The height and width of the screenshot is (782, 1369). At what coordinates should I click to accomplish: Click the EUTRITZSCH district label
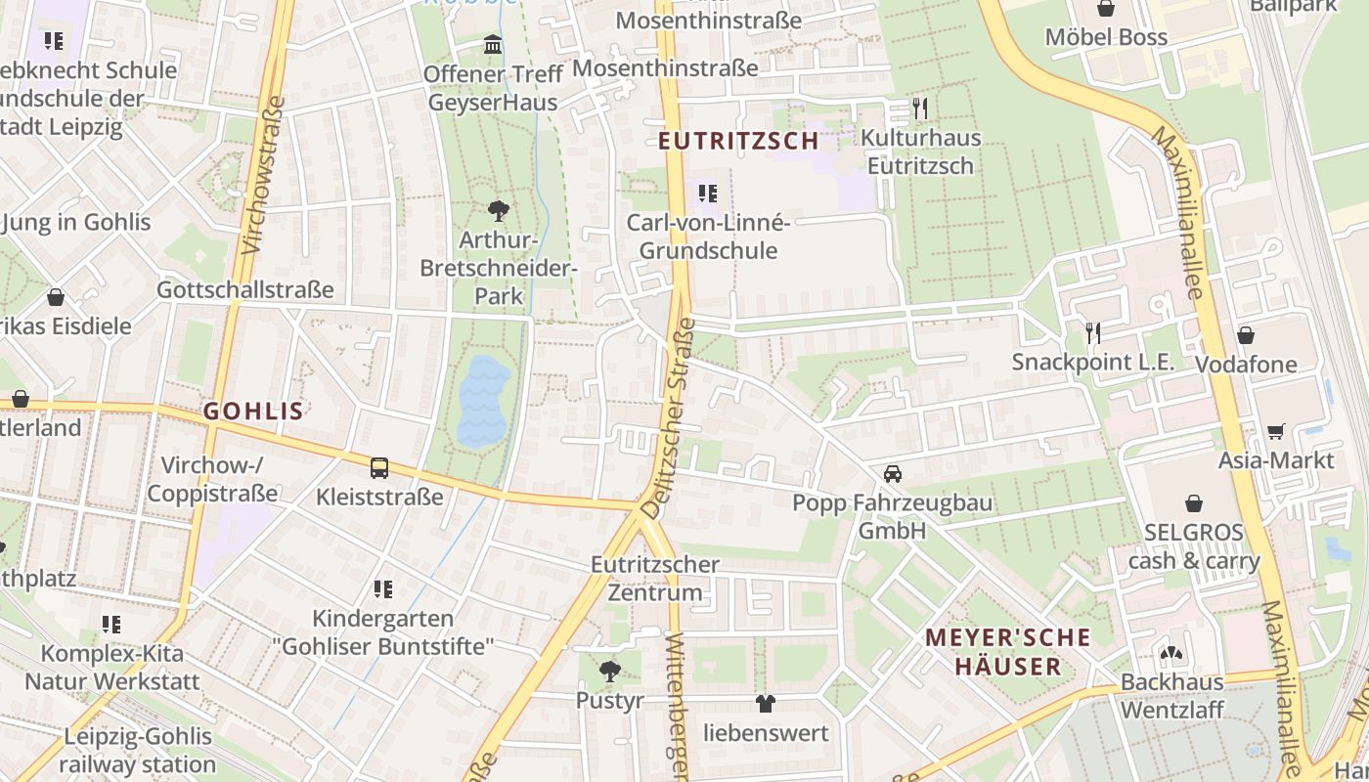[x=738, y=141]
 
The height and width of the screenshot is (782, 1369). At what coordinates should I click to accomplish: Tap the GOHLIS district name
[x=253, y=412]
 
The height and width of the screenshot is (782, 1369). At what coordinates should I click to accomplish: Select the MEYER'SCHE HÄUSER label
[x=1007, y=652]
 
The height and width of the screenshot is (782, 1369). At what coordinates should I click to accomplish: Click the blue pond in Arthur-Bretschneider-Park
[x=484, y=402]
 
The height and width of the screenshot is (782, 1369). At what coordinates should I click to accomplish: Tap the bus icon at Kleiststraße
[x=379, y=468]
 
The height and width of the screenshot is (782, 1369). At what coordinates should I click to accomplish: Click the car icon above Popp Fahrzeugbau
[x=892, y=474]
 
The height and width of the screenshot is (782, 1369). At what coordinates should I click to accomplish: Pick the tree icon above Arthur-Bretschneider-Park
[x=499, y=210]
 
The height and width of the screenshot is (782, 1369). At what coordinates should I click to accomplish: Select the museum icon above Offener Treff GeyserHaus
[x=493, y=45]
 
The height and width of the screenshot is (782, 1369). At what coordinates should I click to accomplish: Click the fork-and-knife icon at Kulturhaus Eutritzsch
[x=919, y=108]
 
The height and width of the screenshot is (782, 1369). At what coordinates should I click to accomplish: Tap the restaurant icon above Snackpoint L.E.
[x=1093, y=333]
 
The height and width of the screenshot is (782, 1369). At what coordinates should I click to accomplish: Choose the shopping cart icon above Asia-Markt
[x=1275, y=431]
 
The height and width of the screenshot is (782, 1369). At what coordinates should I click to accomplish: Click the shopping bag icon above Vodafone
[x=1246, y=335]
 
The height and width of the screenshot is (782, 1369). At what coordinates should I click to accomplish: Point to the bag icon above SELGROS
[x=1194, y=503]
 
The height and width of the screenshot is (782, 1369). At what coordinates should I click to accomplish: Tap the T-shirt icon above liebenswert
[x=765, y=703]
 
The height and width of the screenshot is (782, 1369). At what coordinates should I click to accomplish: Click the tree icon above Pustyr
[x=610, y=672]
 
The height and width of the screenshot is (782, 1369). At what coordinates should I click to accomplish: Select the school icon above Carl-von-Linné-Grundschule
[x=708, y=194]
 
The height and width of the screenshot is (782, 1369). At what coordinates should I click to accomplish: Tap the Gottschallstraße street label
[x=245, y=290]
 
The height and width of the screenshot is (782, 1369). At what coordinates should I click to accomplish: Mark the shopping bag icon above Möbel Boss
[x=1106, y=9]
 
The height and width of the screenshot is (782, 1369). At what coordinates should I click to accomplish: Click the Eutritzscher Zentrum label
[x=655, y=579]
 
